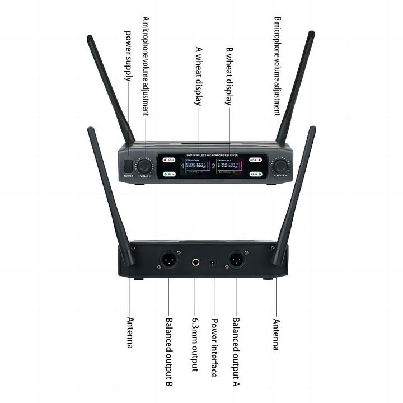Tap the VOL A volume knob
pos(145,166)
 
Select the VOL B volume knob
pos(279,166)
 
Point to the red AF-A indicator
pos(170,160)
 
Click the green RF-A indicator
pos(170,174)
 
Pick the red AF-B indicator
pos(255,160)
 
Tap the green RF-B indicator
pos(255,174)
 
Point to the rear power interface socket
pos(213,262)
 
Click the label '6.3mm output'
pos(195,344)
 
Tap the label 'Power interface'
pos(214,348)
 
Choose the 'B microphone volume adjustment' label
pos(278,65)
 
